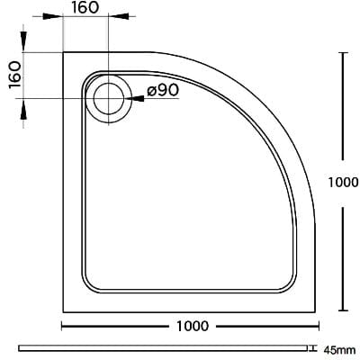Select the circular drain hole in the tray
pyautogui.click(x=108, y=97)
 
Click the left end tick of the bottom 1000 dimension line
pyautogui.click(x=61, y=325)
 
